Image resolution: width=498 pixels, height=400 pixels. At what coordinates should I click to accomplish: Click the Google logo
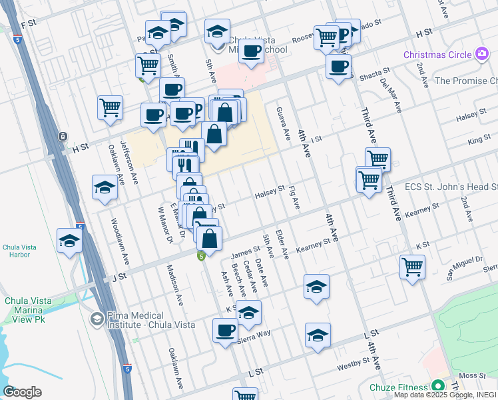point(22,392)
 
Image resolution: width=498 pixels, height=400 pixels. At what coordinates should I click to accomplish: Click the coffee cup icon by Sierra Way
point(225,329)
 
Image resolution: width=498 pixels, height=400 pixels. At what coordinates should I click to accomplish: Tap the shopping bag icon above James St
point(209,238)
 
